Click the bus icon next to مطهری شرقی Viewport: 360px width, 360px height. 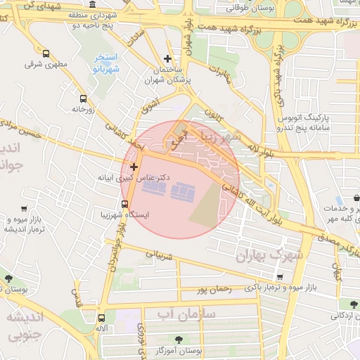coord(46,53)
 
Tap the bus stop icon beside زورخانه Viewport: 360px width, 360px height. coord(83,98)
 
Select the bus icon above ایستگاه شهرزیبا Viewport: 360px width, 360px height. coord(124,205)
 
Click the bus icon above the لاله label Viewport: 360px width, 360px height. coord(101,318)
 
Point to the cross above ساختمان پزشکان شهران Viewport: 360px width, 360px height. coord(167,59)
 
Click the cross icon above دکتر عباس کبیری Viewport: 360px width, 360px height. coord(134,167)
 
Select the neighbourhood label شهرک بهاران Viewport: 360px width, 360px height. coord(271,255)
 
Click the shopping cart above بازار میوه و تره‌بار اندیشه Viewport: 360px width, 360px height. coord(25,209)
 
